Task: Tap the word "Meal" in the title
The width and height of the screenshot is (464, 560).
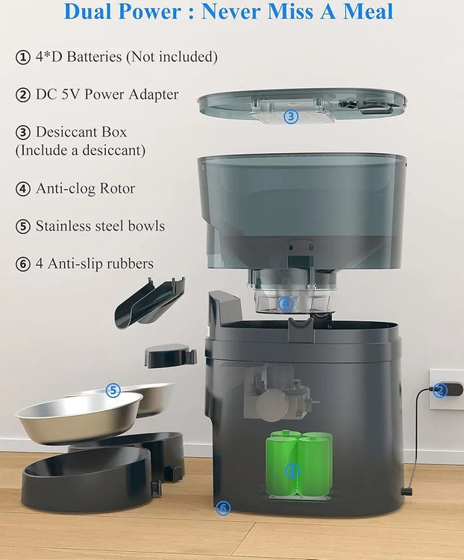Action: (x=368, y=10)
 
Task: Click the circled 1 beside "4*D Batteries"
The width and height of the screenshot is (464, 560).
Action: (x=23, y=57)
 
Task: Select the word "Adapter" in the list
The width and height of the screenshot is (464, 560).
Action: (x=154, y=95)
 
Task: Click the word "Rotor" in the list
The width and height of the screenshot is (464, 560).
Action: (x=117, y=189)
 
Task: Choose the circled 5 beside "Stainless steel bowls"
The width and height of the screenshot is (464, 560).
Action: (x=23, y=226)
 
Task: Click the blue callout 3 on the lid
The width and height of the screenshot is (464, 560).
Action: (x=291, y=116)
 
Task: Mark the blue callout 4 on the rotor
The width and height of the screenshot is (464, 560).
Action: (x=286, y=304)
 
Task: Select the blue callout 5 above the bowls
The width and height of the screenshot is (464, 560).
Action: (x=113, y=390)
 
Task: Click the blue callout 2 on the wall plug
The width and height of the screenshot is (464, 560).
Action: (x=439, y=390)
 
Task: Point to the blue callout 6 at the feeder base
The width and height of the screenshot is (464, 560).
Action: (x=224, y=508)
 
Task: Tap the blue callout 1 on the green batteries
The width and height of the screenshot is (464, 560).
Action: (x=292, y=470)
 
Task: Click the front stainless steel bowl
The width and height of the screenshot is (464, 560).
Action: (x=79, y=416)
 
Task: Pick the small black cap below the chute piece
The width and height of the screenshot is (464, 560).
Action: (x=170, y=355)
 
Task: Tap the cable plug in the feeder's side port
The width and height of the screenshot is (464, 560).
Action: (x=406, y=491)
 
